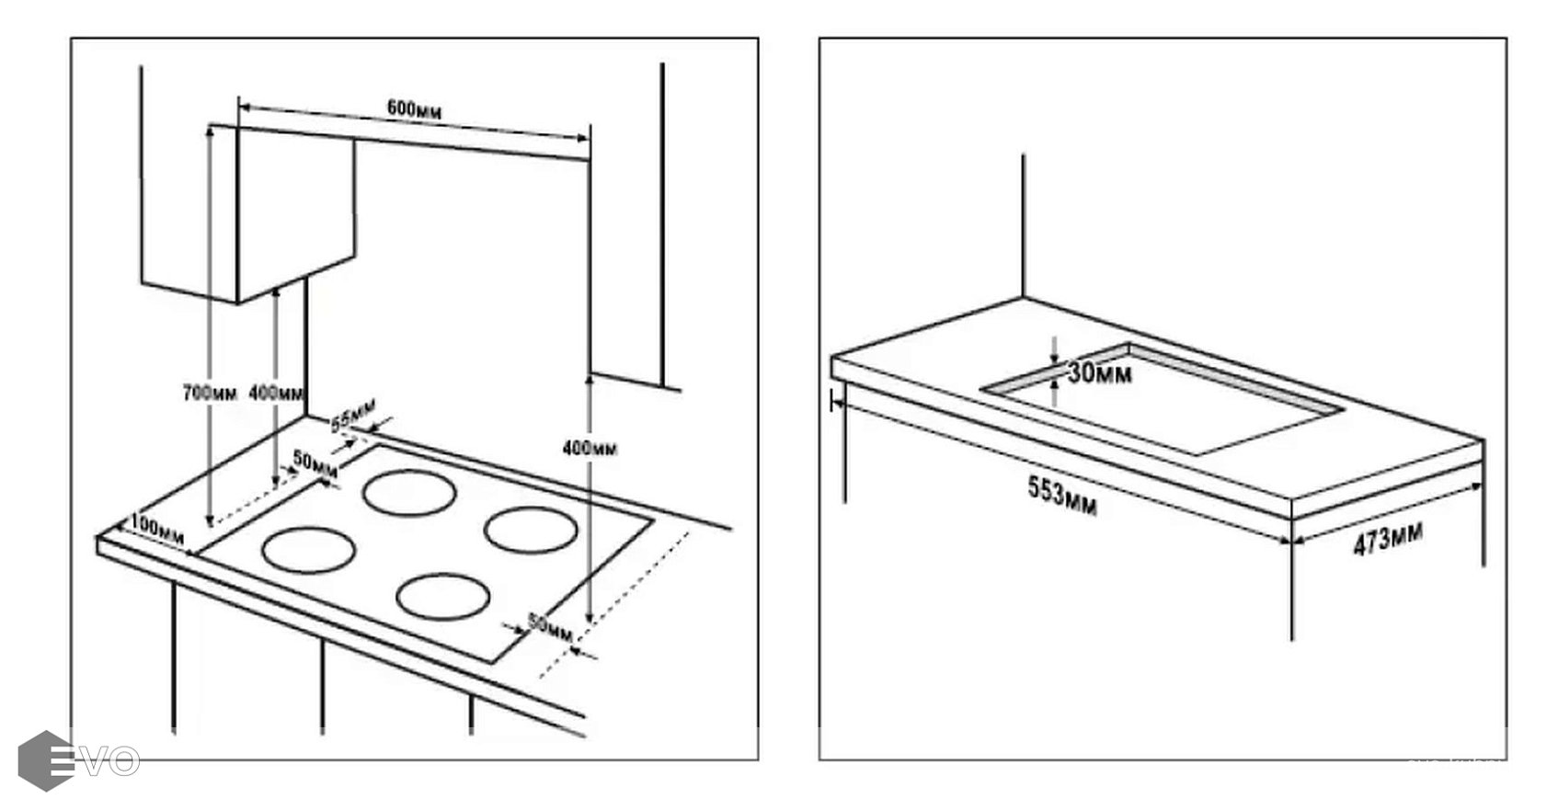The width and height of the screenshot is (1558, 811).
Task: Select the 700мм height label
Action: click(x=210, y=393)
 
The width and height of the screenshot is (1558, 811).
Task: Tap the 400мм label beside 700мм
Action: click(x=277, y=394)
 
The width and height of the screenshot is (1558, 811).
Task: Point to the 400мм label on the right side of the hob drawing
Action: click(x=590, y=449)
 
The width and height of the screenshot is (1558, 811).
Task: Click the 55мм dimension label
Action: click(x=353, y=414)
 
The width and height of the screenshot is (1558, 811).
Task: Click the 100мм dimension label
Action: click(x=157, y=528)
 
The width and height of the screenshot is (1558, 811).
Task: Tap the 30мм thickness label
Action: click(x=1100, y=373)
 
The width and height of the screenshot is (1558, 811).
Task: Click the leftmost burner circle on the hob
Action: click(x=308, y=550)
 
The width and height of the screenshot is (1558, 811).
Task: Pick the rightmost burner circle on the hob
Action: click(x=531, y=531)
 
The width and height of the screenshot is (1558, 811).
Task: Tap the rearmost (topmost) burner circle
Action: click(x=409, y=494)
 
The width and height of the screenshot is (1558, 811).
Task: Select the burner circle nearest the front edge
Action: click(x=442, y=596)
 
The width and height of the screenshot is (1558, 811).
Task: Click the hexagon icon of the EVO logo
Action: click(x=44, y=760)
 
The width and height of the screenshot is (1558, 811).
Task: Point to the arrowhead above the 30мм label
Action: click(x=1055, y=355)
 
